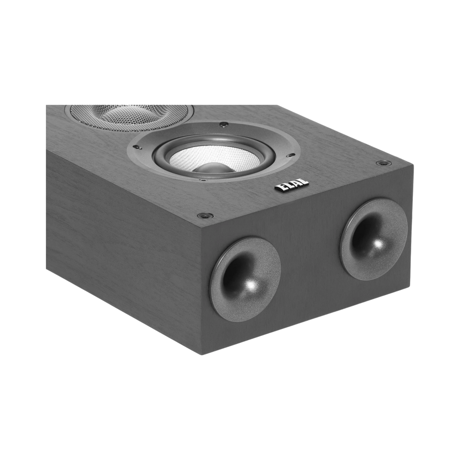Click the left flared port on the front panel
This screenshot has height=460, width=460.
(245, 279)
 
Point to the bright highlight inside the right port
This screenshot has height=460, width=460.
(379, 244)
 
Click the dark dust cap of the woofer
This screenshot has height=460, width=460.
(213, 167)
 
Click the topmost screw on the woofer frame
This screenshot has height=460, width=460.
(224, 125)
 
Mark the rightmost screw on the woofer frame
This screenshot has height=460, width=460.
(292, 156)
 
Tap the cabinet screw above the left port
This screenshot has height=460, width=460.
(202, 216)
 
